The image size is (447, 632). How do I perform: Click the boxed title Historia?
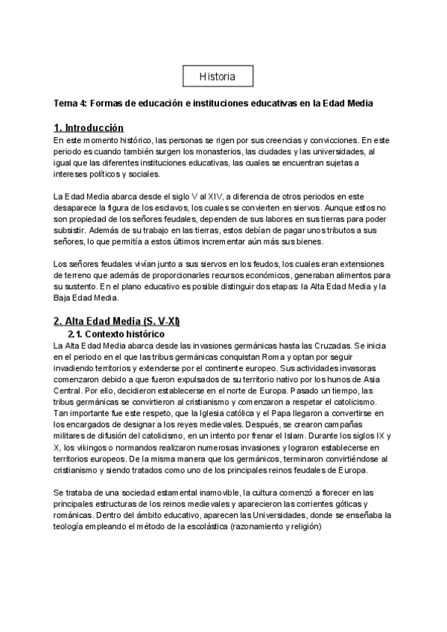[218, 77]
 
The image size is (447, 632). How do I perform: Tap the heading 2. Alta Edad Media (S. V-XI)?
[116, 320]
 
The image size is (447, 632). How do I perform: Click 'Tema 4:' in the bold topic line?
[71, 102]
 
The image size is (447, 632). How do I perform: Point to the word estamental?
[168, 493]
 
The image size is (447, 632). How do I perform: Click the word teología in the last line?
[72, 526]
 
